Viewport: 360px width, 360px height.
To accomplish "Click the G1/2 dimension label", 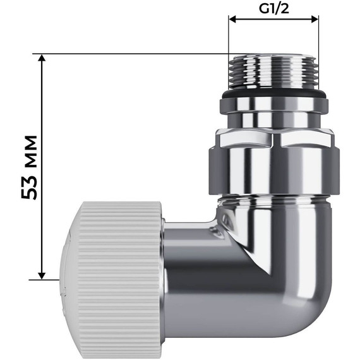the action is (273, 9).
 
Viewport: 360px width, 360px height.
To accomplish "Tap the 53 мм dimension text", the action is (29, 167).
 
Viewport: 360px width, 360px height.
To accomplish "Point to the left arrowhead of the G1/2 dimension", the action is (232, 20).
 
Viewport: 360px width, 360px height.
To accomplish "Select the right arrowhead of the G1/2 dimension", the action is (315, 20).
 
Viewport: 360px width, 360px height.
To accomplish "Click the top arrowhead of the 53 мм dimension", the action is (42, 58).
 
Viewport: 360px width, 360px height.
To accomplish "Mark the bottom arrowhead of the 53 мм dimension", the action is (42, 275).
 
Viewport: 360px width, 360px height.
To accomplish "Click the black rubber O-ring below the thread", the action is (273, 94).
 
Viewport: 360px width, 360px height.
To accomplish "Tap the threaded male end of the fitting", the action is (273, 71).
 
